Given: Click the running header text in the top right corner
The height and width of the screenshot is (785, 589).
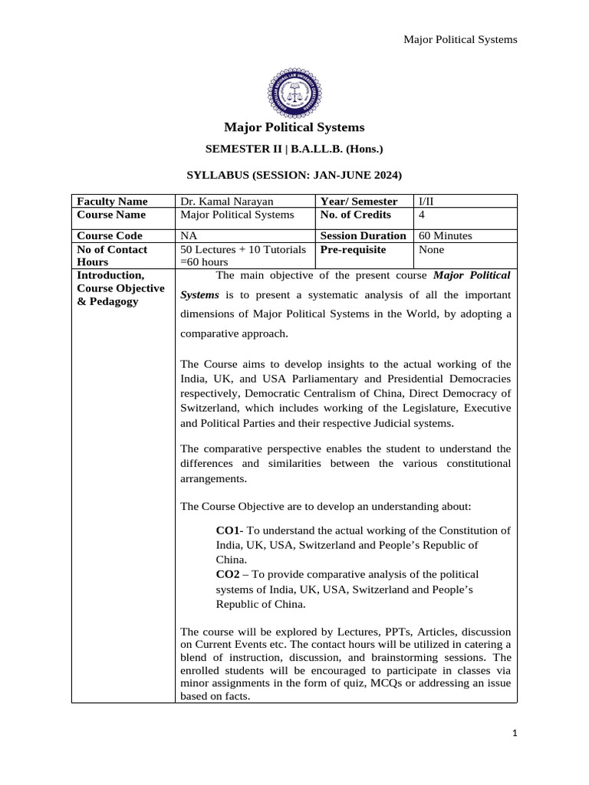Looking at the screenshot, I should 460,39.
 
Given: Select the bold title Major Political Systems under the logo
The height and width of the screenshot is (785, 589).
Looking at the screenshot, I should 294,127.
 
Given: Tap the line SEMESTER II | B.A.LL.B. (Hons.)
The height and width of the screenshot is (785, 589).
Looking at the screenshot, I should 294,151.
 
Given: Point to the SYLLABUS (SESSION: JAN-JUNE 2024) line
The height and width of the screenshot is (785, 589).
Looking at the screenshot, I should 294,176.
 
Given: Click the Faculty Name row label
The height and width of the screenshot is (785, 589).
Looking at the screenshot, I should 110,202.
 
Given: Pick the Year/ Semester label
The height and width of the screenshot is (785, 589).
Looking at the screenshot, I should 359,202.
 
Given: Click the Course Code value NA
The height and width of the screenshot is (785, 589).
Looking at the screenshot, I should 188,236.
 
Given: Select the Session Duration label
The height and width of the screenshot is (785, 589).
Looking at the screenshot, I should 363,236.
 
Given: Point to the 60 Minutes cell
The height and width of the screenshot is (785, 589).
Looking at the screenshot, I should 445,236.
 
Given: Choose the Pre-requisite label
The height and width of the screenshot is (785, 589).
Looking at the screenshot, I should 353,250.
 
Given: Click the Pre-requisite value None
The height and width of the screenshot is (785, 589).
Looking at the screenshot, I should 431,250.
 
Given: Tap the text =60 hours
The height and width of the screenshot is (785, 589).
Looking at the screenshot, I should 205,262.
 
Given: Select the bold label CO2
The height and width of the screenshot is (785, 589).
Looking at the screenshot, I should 229,574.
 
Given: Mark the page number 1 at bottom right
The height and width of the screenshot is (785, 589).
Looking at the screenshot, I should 515,734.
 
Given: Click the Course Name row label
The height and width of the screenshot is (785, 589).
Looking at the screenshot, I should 110,215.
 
